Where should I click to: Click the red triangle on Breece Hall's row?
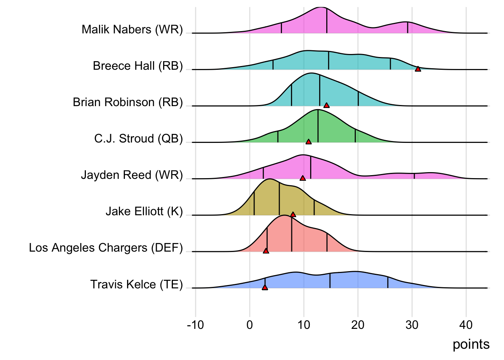[x=418, y=69]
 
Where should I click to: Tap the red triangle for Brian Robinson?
[x=326, y=105]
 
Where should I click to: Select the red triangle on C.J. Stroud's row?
[x=308, y=142]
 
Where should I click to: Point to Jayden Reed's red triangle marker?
[x=303, y=178]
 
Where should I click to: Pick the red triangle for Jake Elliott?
[x=293, y=214]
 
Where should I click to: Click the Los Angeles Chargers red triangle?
[x=266, y=251]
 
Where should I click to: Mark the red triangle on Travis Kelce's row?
[x=265, y=287]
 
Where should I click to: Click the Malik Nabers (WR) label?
[x=132, y=29]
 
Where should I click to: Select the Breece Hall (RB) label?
[x=138, y=66]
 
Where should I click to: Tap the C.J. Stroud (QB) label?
[x=138, y=138]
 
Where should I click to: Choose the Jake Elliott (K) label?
[x=144, y=211]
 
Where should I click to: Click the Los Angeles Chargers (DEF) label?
[x=106, y=247]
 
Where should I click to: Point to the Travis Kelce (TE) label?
[x=136, y=284]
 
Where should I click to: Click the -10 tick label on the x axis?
[x=195, y=325]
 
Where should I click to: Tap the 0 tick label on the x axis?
[x=250, y=325]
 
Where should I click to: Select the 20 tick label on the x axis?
[x=358, y=325]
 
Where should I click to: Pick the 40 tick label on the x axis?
[x=466, y=325]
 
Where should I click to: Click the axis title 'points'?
[x=471, y=344]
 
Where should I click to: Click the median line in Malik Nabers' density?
[x=327, y=21]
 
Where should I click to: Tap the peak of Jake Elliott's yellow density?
[x=269, y=179]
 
